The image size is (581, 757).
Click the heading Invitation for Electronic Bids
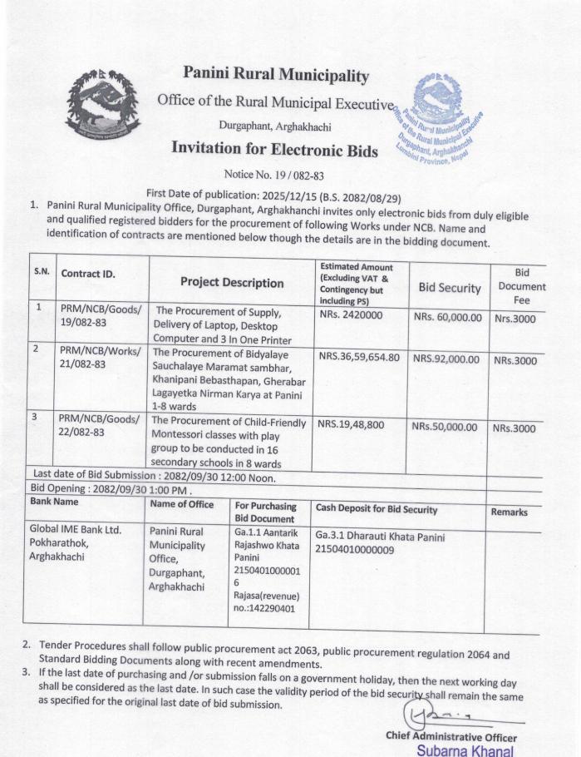pyautogui.click(x=274, y=150)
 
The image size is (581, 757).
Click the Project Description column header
pyautogui.click(x=232, y=282)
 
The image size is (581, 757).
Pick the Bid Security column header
pyautogui.click(x=449, y=288)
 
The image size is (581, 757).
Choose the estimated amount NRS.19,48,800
pyautogui.click(x=352, y=424)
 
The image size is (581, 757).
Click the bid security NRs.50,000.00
pyautogui.click(x=445, y=427)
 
